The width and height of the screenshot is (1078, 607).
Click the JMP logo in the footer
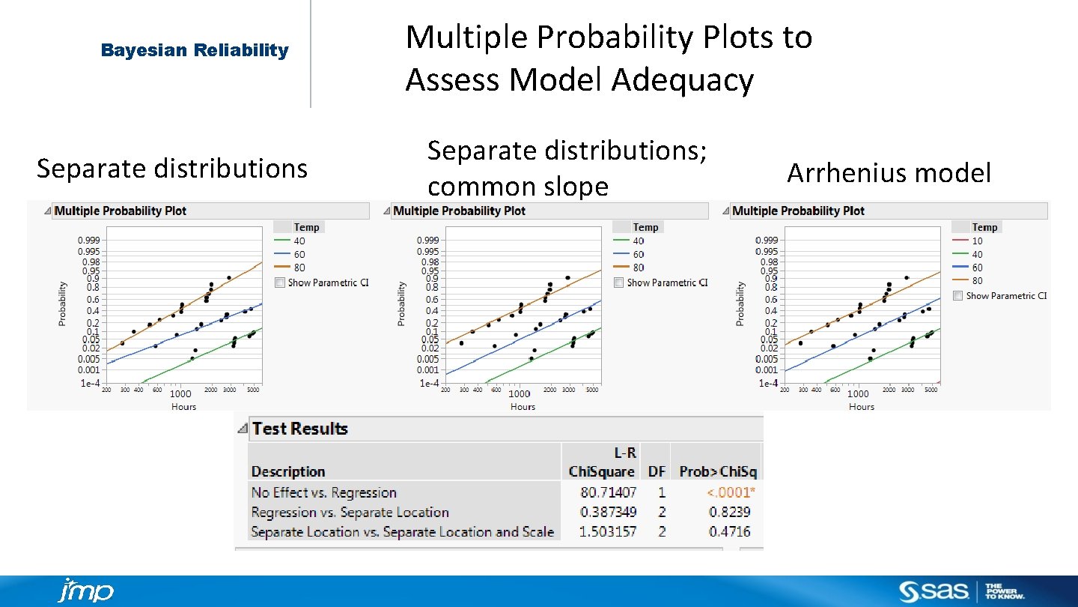(x=85, y=591)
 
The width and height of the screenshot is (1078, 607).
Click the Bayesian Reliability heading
(x=195, y=50)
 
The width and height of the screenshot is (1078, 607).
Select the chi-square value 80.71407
(x=608, y=492)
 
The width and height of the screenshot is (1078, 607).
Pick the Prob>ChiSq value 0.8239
(x=729, y=512)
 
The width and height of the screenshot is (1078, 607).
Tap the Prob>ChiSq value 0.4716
(x=729, y=531)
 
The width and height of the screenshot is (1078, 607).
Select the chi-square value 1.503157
(x=608, y=531)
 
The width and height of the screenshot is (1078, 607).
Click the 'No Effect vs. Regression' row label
(x=323, y=492)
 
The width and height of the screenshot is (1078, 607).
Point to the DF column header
(x=657, y=471)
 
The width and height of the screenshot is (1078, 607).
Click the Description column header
(x=288, y=471)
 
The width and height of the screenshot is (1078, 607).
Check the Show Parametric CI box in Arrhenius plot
(x=958, y=296)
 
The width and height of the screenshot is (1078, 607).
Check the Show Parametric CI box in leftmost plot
(x=280, y=283)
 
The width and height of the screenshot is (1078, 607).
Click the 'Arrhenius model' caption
(x=889, y=173)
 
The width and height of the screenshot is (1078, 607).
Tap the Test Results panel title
(x=299, y=429)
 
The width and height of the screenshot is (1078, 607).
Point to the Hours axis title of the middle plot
(x=523, y=407)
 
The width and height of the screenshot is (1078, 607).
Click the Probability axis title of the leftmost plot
(x=62, y=303)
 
